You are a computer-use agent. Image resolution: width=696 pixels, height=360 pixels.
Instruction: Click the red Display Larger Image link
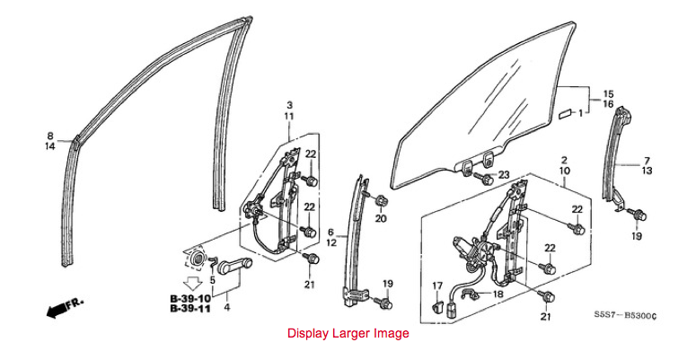coord(348,333)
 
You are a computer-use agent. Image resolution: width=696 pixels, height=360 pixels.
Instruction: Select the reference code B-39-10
coord(190,299)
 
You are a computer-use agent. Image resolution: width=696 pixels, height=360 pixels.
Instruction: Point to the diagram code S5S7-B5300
coord(625,316)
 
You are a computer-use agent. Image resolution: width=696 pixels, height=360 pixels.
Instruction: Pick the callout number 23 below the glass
coord(504,175)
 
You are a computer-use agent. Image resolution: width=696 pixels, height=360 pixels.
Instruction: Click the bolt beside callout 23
coord(485,179)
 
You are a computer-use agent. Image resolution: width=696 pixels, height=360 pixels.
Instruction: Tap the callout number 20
coord(381,218)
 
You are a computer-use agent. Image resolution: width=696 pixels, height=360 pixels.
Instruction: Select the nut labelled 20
coord(380,201)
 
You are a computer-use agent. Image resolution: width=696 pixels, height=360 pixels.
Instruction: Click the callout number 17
coord(437,286)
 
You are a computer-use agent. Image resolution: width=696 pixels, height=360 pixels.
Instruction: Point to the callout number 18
coord(498,294)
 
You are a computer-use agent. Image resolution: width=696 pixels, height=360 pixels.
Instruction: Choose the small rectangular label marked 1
coord(565,113)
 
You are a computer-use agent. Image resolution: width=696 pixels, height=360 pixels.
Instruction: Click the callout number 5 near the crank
coord(213,280)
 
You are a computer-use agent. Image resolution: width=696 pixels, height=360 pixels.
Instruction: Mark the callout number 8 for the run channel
coord(50,136)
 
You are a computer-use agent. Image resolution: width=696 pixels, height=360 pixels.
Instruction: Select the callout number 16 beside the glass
coord(608,104)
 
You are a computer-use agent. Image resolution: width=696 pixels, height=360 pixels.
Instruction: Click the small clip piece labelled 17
coord(436,305)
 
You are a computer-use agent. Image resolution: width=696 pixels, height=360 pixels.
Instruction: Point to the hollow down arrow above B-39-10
coord(193,284)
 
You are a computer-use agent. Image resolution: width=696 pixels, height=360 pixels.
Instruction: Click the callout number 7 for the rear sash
coord(647,161)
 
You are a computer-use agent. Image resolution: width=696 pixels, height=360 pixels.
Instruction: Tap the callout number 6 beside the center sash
coord(330,233)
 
